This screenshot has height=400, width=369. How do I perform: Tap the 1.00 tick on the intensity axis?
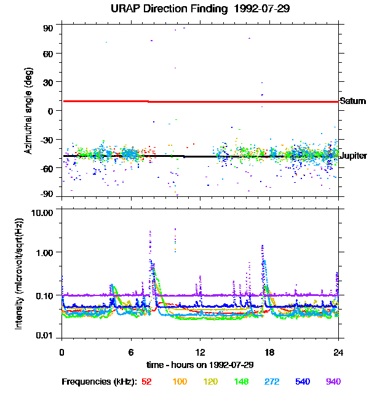click(x=47, y=252)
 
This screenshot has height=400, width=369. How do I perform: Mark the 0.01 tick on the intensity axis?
click(x=47, y=335)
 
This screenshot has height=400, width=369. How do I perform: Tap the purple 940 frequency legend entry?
click(x=333, y=382)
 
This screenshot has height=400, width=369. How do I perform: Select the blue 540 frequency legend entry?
click(x=302, y=382)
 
